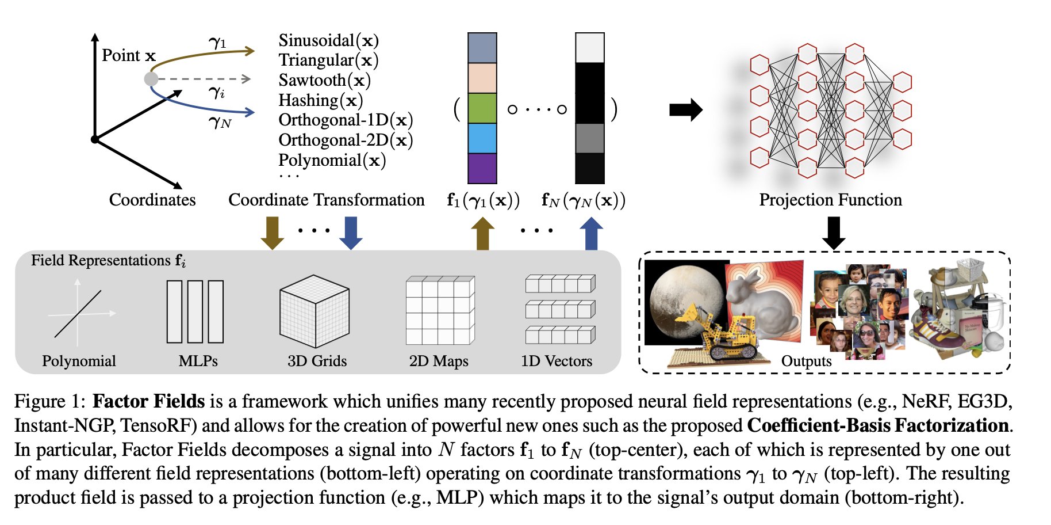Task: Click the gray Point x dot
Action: coord(151,79)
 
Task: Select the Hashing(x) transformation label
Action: coord(321,101)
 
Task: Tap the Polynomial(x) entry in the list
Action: coord(332,161)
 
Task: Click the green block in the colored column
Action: coord(482,108)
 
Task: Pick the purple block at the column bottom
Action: coord(482,168)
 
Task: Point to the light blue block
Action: coord(482,138)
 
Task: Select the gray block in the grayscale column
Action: coord(590,138)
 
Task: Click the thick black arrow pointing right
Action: coord(686,109)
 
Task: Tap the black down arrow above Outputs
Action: coord(834,233)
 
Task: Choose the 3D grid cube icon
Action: coord(314,311)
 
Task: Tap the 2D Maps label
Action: coord(439,361)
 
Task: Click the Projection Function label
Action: coord(830,200)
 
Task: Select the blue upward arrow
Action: coord(591,233)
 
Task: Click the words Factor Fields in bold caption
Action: coord(149,401)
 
